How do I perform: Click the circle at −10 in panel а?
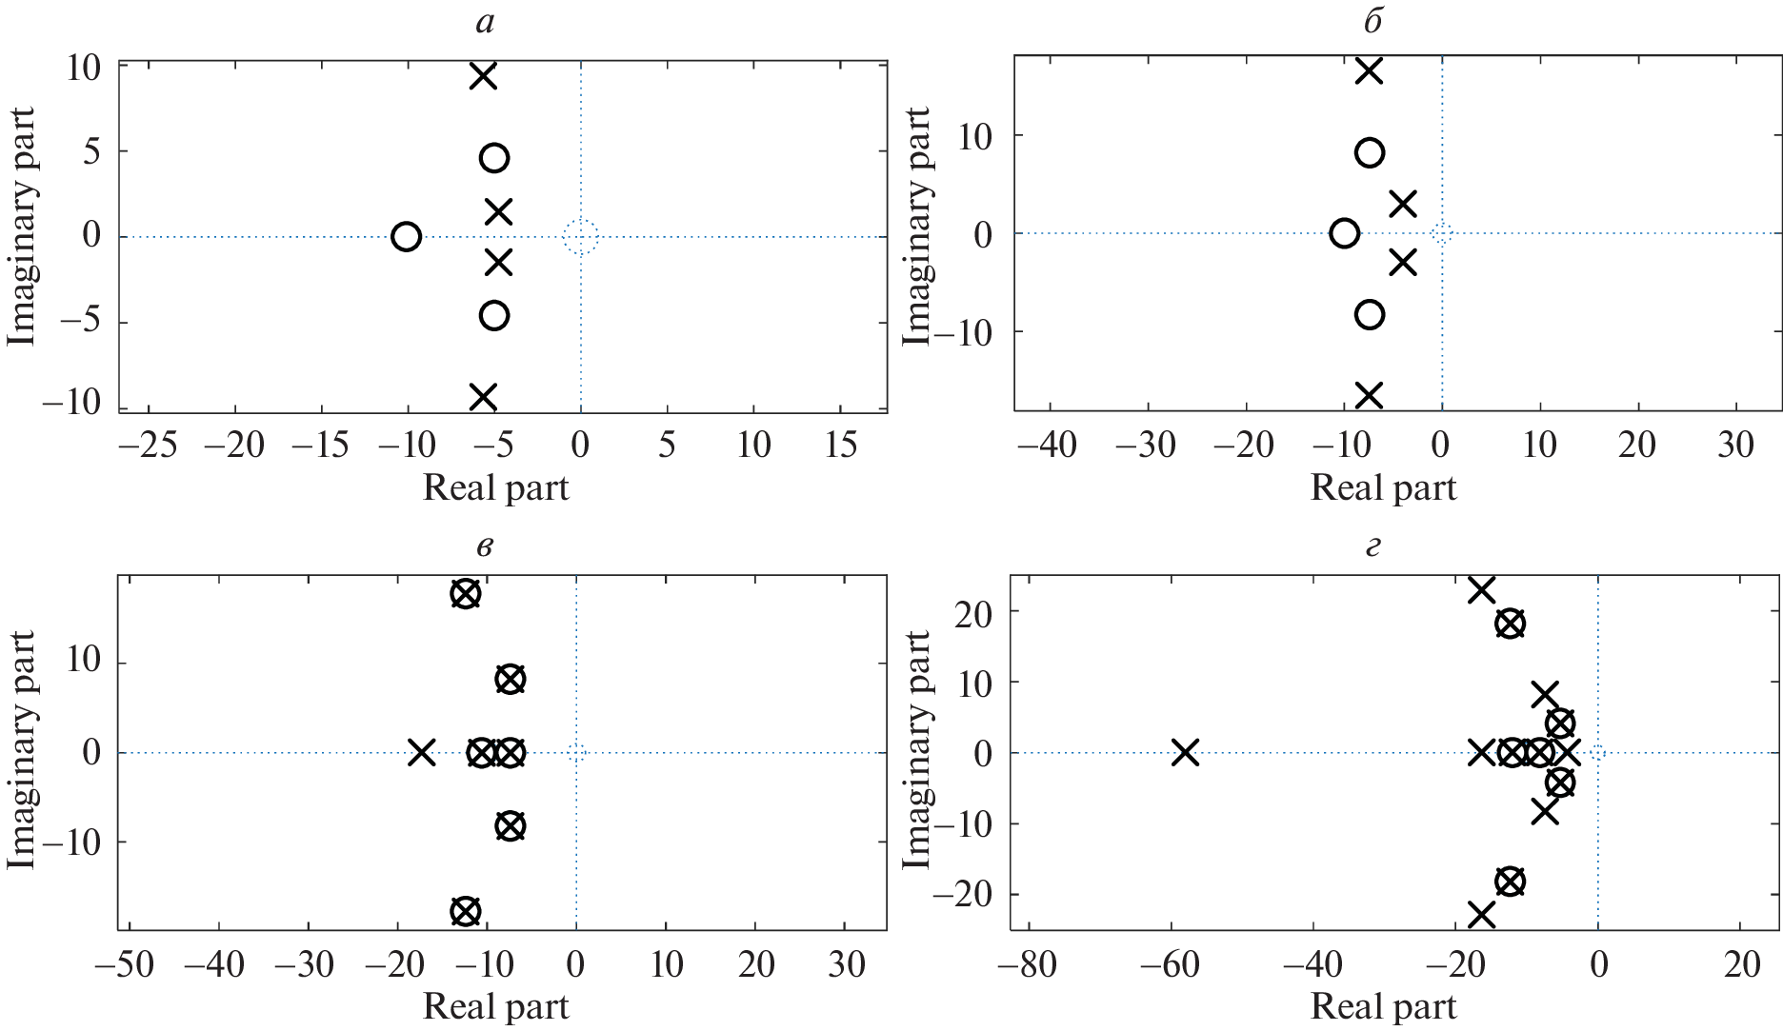tap(406, 236)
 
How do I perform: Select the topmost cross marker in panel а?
tap(484, 76)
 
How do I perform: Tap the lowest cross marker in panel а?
tap(484, 396)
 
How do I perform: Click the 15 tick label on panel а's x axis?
tap(840, 445)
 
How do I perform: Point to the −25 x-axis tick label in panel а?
tap(149, 445)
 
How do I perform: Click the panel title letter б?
tap(1372, 21)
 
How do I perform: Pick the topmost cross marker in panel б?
tap(1369, 71)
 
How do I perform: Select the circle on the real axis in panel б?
tap(1344, 233)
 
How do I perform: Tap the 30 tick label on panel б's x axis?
tap(1735, 445)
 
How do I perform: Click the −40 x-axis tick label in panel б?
tap(1048, 445)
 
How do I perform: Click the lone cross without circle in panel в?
tap(422, 753)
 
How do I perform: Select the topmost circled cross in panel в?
tap(465, 594)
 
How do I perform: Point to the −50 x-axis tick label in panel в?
tap(125, 965)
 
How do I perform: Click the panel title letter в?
tap(485, 547)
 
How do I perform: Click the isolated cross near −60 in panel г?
tap(1185, 753)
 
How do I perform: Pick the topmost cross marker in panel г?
tap(1481, 590)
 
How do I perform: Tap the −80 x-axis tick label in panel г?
tap(1027, 965)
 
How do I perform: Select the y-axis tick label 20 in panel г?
tap(973, 612)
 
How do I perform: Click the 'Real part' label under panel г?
tap(1383, 1006)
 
